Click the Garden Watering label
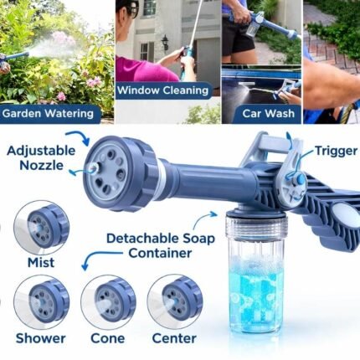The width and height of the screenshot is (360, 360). (48, 114)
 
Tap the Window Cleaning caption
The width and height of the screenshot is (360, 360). (163, 90)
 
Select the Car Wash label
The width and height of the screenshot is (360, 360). (268, 114)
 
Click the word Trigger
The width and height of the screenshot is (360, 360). (337, 151)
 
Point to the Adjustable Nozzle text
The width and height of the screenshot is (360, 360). (41, 158)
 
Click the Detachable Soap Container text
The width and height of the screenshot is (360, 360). (161, 246)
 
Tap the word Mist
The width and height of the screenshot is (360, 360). (41, 263)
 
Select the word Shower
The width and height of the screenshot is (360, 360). (41, 338)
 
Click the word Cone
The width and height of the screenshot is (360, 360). (108, 338)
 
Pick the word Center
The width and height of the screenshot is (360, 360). (174, 338)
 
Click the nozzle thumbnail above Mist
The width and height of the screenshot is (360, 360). (41, 227)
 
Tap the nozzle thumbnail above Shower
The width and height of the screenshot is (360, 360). (41, 302)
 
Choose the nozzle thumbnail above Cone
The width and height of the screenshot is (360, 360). (108, 302)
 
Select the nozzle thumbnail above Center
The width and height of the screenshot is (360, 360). (175, 302)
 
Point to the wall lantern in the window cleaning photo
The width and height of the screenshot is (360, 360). (165, 44)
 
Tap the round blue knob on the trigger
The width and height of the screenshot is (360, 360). (299, 178)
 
